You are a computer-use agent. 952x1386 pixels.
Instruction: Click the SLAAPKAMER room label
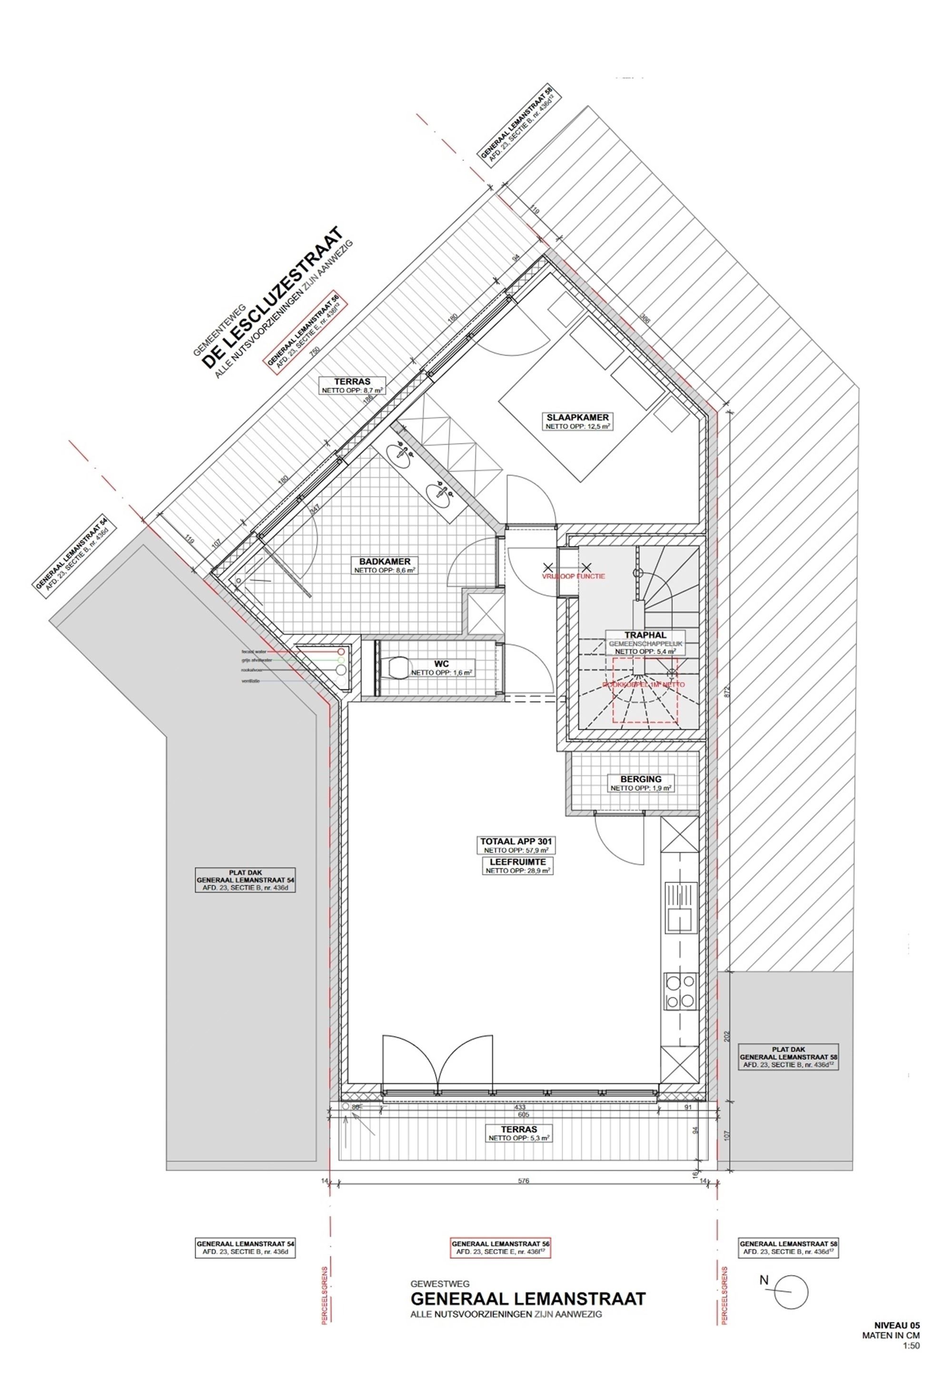[x=577, y=421]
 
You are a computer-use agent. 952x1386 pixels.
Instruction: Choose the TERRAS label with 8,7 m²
[x=352, y=385]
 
